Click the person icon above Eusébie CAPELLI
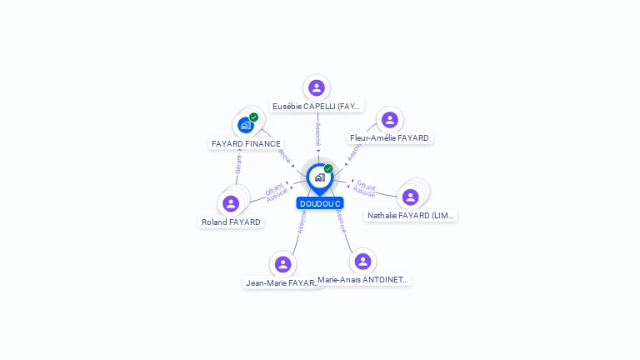click(316, 87)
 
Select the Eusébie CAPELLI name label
click(317, 107)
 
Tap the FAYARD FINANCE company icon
click(245, 125)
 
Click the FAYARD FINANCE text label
click(246, 143)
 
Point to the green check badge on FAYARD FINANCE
click(253, 117)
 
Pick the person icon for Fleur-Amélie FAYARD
click(389, 120)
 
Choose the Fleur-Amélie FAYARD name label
click(389, 138)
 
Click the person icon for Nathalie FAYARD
click(410, 197)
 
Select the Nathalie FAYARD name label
click(412, 215)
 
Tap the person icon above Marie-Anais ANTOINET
click(362, 261)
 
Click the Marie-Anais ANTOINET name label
click(363, 280)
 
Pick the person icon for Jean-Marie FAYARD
click(282, 264)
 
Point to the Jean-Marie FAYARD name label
click(282, 283)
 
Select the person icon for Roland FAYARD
click(231, 203)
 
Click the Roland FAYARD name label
click(231, 222)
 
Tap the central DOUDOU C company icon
click(319, 177)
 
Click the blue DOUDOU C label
click(321, 203)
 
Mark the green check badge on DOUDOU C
click(328, 168)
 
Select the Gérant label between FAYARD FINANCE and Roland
click(237, 163)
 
